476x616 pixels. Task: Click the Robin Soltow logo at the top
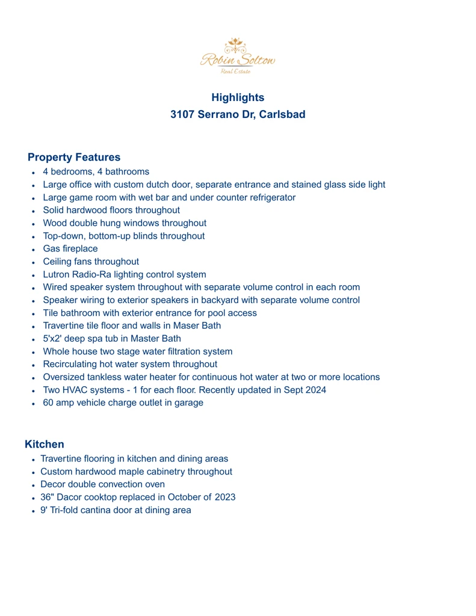point(238,56)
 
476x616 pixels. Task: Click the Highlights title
point(238,97)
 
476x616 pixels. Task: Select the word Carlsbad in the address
point(280,114)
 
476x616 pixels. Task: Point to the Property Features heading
point(74,158)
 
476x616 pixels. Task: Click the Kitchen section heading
point(45,445)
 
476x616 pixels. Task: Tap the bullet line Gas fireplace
point(70,248)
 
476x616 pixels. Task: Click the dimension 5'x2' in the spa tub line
point(54,339)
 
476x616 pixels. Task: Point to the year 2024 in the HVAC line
point(314,390)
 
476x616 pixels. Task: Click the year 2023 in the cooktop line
point(224,497)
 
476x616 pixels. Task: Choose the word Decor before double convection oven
point(54,484)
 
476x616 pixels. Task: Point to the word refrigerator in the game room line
point(269,197)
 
